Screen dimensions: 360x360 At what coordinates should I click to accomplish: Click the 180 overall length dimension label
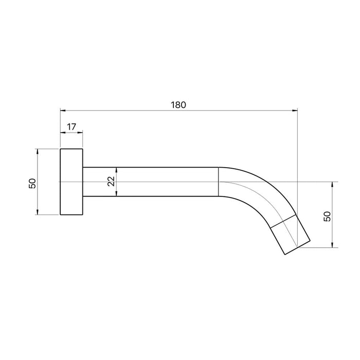point(178,105)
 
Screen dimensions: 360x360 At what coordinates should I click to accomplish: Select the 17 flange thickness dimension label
point(71,127)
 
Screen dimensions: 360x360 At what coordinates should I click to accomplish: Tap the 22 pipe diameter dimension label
point(111,182)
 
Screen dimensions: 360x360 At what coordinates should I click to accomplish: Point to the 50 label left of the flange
point(32,183)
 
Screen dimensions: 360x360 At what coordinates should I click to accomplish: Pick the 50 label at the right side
point(327,217)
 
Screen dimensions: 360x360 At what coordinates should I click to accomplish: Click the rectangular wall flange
point(71,182)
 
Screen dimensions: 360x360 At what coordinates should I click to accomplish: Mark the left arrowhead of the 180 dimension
point(63,111)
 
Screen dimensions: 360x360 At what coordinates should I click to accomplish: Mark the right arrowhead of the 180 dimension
point(295,111)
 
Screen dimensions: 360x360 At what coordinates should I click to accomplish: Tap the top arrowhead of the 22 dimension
point(117,170)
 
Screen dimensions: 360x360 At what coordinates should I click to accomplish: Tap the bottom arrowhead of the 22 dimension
point(117,193)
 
